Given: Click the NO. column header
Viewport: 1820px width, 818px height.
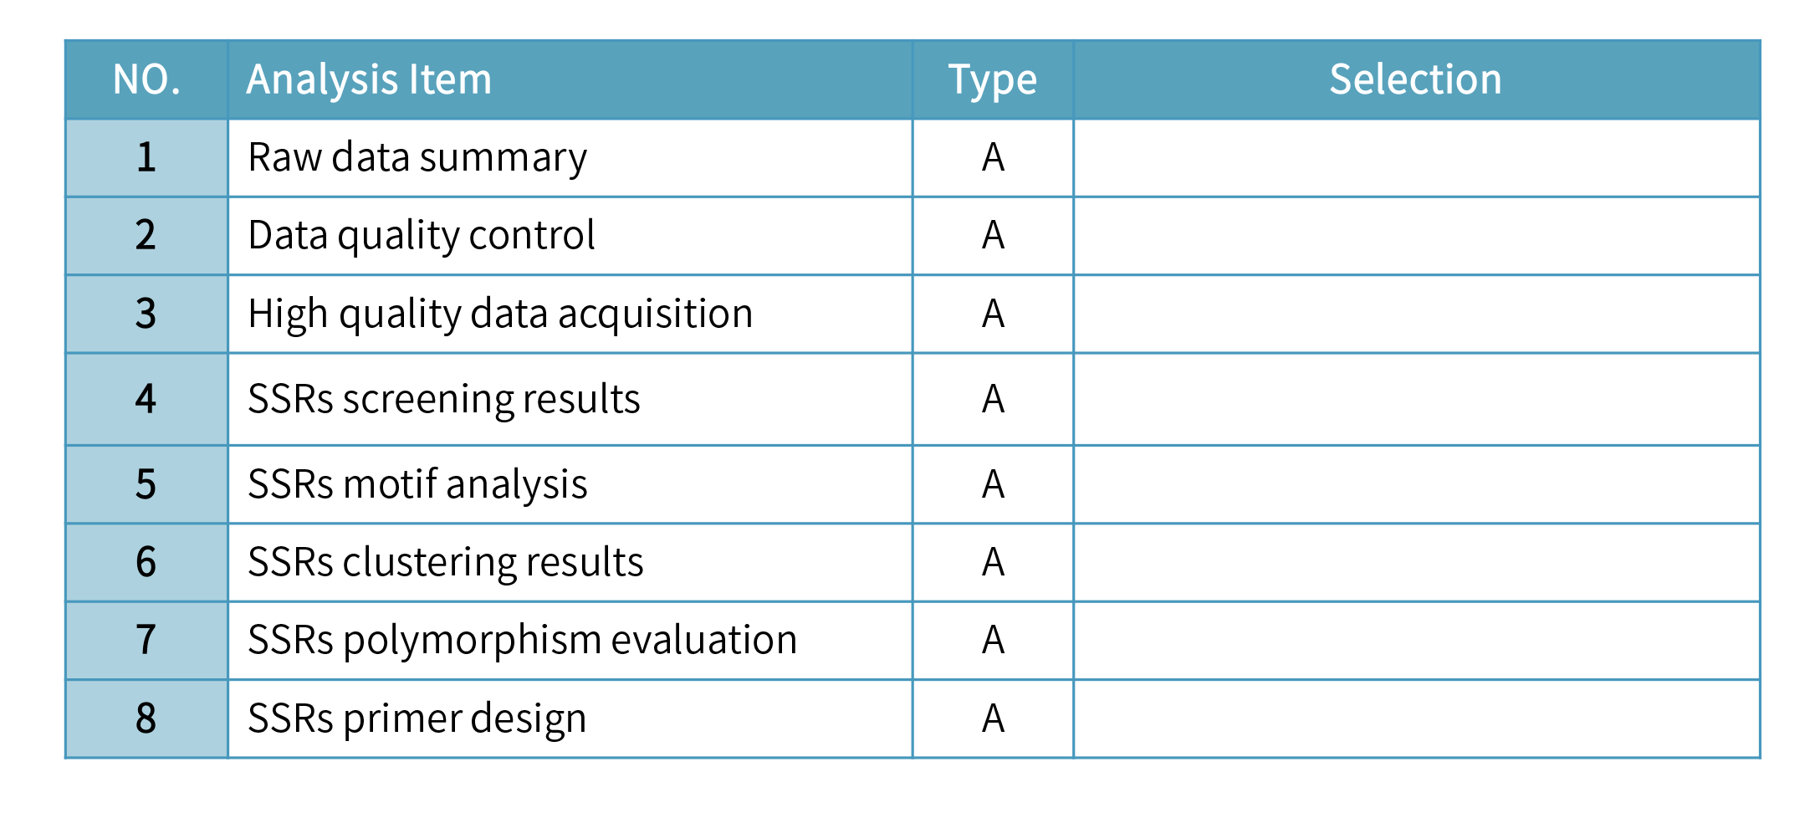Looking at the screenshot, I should (x=146, y=79).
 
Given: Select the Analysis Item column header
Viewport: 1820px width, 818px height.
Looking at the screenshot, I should (x=369, y=79).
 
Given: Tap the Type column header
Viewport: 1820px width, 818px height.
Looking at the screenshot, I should (x=992, y=79).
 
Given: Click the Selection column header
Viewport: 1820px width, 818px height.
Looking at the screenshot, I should (x=1415, y=79).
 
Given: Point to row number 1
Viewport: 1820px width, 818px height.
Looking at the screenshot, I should (x=146, y=157).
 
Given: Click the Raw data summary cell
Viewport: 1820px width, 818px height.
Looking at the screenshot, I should (x=417, y=157).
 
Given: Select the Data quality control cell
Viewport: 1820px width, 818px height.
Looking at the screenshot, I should (x=422, y=235).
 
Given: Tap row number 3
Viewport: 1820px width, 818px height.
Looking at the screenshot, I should (x=146, y=314).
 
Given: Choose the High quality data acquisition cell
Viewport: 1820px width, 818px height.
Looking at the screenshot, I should (x=500, y=314).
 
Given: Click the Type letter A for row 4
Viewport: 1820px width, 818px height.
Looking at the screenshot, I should (x=993, y=399).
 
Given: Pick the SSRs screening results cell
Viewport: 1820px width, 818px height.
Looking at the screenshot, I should (x=444, y=399).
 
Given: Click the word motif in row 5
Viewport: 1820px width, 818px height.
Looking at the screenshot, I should (x=390, y=484).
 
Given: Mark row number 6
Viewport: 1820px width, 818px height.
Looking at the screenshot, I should (x=146, y=562).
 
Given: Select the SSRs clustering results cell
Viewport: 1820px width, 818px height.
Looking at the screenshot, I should (x=446, y=562).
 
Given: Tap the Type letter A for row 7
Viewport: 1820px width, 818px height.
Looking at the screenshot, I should (x=993, y=640).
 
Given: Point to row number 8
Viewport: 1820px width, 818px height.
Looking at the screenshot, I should (x=146, y=718).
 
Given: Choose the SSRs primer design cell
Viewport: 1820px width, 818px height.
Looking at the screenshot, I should (x=417, y=718).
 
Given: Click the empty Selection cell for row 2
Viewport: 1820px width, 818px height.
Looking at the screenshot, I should (x=1416, y=235).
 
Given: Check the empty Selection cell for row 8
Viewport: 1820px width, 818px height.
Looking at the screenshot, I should (x=1416, y=718).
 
